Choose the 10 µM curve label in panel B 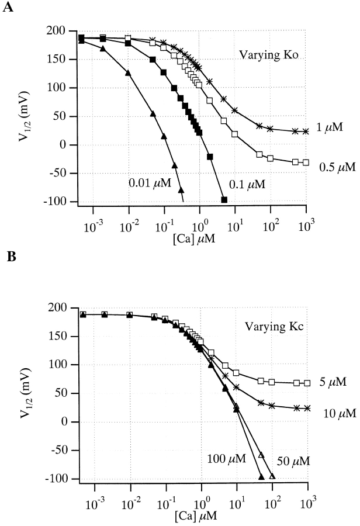[x=338, y=413]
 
